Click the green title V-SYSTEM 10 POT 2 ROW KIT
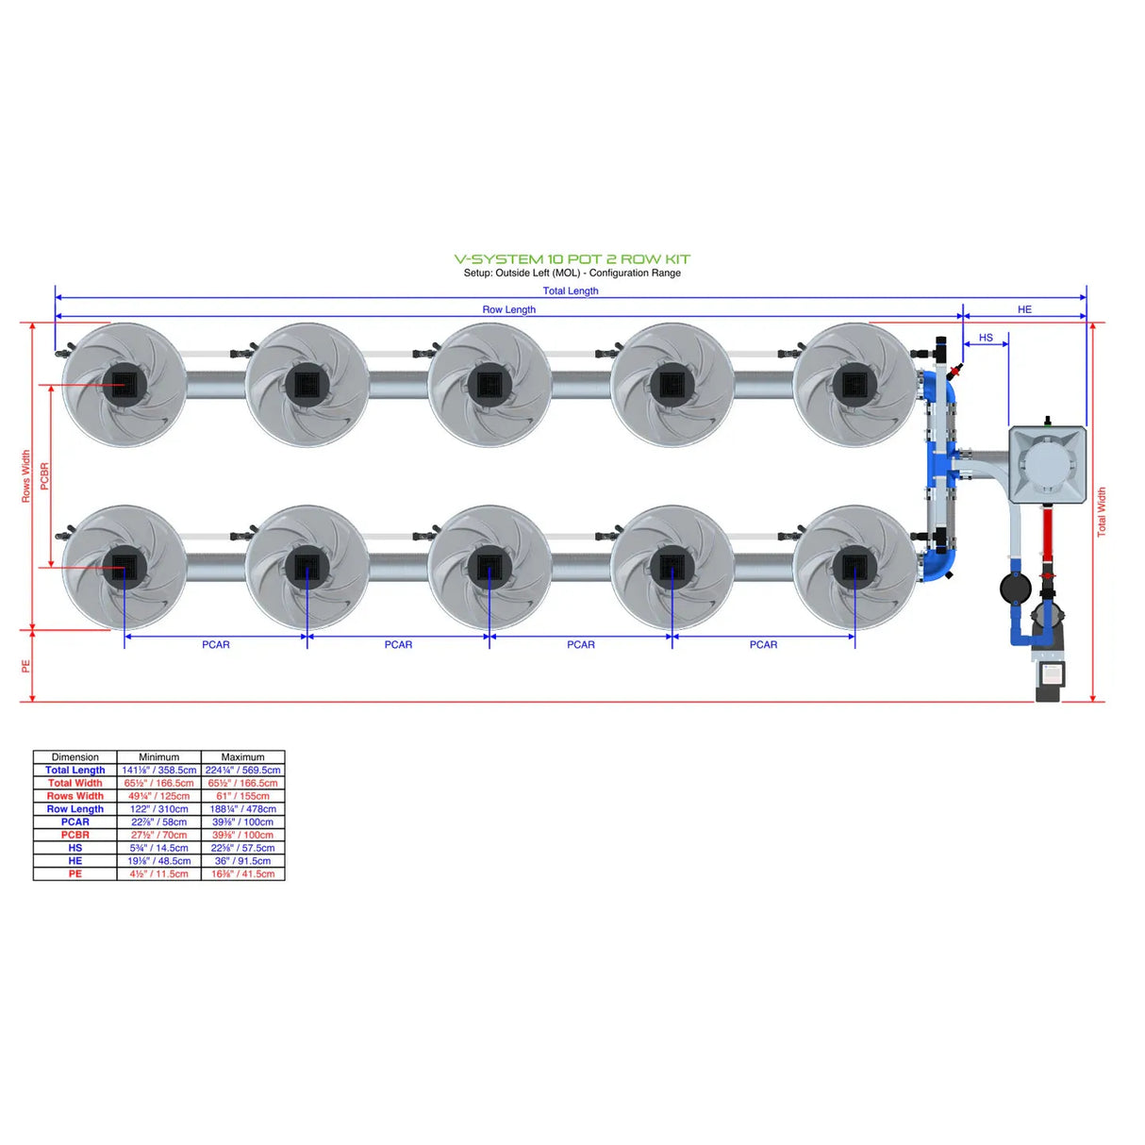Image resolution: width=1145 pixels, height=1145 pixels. [x=572, y=258]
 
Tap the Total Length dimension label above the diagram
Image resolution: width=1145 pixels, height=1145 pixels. [x=570, y=290]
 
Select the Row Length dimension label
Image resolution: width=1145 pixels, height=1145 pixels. [x=508, y=309]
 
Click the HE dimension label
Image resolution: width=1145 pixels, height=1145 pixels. [x=1024, y=309]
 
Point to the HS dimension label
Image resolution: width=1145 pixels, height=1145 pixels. [x=986, y=338]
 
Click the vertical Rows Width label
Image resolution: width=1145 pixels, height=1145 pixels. [x=26, y=475]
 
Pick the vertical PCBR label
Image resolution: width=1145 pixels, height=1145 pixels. [x=44, y=475]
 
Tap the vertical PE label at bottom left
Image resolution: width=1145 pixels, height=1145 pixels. [x=26, y=666]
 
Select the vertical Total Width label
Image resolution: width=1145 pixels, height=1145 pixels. [x=1102, y=512]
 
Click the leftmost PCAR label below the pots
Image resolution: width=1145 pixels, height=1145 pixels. [x=215, y=645]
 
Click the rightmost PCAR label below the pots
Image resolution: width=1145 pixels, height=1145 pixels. [x=763, y=645]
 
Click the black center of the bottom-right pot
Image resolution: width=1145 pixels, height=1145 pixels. [x=855, y=567]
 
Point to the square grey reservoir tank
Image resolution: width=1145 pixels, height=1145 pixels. [x=1047, y=464]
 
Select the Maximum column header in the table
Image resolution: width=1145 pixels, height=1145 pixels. [x=242, y=757]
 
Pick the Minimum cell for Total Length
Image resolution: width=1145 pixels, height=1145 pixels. [x=158, y=771]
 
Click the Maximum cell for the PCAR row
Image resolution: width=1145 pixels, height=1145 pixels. [x=242, y=822]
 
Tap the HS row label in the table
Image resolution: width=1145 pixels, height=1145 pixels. [x=75, y=848]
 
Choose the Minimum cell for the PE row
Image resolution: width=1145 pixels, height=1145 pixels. [x=158, y=874]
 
